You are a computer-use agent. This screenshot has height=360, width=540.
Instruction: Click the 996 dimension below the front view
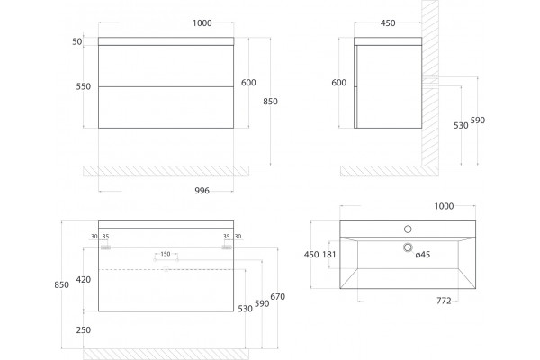tap(202, 191)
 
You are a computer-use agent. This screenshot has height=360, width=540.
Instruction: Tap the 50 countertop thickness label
tap(77, 41)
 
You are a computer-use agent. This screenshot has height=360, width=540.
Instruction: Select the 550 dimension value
tap(84, 86)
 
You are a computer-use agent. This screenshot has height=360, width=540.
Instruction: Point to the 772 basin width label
tap(444, 301)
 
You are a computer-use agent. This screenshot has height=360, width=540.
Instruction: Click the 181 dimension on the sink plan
tap(328, 255)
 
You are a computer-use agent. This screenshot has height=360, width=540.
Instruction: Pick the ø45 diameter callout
tap(423, 255)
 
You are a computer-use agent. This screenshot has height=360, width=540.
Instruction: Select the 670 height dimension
tap(277, 297)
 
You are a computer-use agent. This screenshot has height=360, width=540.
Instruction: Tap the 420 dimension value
tap(84, 279)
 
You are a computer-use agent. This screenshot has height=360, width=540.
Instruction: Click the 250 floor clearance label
tap(84, 330)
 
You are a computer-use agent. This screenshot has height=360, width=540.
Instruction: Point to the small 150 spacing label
tap(166, 254)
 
